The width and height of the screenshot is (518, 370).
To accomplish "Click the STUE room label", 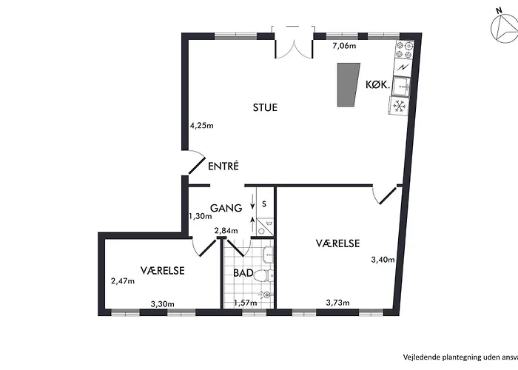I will pos(264,107).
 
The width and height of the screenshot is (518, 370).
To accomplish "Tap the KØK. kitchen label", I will pos(379,85).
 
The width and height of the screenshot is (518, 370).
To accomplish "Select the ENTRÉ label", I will pos(223,166).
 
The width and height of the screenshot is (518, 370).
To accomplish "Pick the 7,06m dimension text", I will pos(343,46).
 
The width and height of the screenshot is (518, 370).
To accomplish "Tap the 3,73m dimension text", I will pos(337,302).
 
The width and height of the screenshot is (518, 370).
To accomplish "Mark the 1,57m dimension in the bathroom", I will pos(245,303).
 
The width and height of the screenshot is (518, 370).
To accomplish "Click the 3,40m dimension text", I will pos(383,260).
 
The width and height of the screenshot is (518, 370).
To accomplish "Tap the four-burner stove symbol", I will pos(403,50).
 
